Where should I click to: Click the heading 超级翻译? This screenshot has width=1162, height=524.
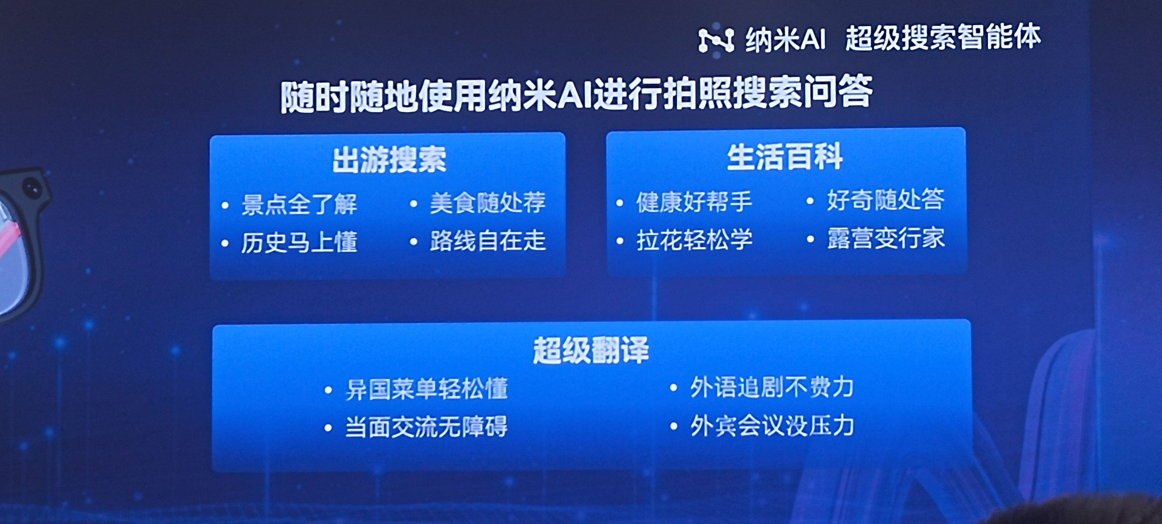click(591, 350)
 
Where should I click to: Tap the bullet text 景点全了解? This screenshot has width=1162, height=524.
click(299, 204)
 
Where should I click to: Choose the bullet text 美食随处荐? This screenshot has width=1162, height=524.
click(488, 202)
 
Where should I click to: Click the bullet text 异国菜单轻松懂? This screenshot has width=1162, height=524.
click(427, 389)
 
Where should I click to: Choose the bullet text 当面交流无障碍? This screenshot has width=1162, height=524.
click(427, 427)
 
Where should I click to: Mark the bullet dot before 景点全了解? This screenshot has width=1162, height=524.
click(225, 206)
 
